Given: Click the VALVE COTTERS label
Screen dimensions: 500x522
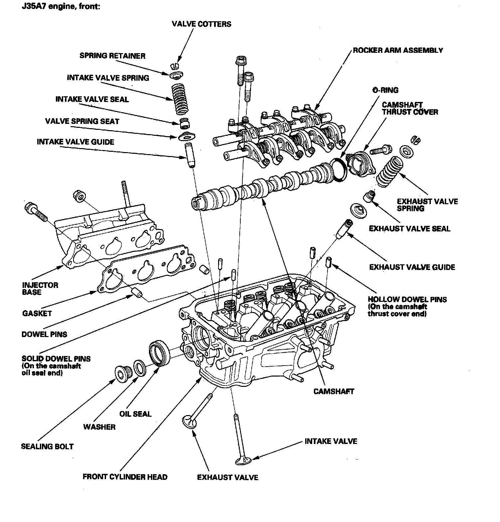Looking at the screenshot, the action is click(201, 24).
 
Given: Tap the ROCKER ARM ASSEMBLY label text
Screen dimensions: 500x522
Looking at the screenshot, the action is click(398, 50).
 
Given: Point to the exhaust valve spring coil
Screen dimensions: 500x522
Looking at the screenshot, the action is click(389, 171).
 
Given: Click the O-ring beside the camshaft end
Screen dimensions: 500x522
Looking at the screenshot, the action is click(338, 170).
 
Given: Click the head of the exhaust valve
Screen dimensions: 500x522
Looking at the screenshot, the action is click(190, 421).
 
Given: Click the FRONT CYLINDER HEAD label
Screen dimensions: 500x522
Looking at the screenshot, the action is click(125, 477).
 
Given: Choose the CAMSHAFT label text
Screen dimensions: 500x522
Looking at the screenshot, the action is click(334, 391).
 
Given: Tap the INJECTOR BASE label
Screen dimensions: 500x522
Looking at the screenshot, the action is click(40, 289).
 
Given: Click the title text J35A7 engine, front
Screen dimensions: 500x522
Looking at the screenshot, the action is click(61, 7).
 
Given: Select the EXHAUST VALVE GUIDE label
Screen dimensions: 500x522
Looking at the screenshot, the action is click(412, 267).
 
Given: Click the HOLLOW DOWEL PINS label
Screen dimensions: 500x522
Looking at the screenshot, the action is click(407, 299).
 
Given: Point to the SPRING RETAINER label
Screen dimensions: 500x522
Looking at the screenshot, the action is click(112, 55).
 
